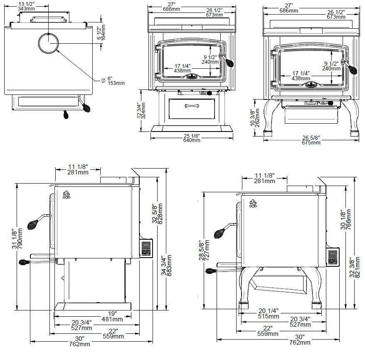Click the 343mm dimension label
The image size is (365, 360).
[x=26, y=9]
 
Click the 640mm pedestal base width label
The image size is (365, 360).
[x=192, y=140]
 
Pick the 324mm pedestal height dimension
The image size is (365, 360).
[x=143, y=110]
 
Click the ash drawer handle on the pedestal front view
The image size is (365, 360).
[x=192, y=106]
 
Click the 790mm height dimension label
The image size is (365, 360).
[x=20, y=238]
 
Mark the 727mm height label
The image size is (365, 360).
[x=206, y=251]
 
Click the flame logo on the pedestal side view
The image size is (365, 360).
[x=66, y=195]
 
